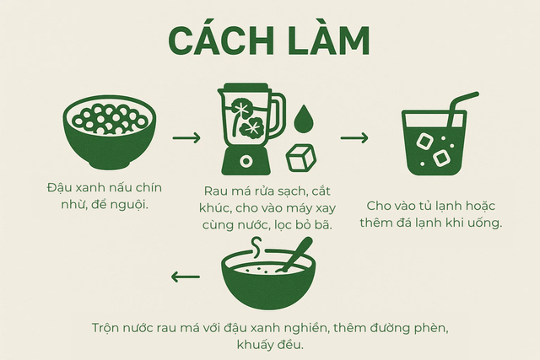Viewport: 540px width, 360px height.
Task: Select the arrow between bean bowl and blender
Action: click(x=186, y=138)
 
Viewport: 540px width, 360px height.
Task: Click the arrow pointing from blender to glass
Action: click(x=354, y=138)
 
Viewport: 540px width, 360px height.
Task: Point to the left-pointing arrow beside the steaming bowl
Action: click(x=186, y=277)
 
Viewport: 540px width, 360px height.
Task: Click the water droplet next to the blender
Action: click(x=303, y=119)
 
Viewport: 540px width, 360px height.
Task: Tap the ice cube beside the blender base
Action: click(x=301, y=158)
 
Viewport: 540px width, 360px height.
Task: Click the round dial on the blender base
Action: click(x=246, y=161)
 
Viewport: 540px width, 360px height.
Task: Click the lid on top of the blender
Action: click(x=246, y=88)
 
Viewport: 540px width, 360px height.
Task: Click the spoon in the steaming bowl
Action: click(x=297, y=254)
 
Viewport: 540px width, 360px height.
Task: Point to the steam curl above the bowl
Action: click(x=256, y=247)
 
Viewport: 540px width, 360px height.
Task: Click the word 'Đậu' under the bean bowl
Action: click(x=57, y=188)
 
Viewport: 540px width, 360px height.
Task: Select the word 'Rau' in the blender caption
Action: click(x=213, y=191)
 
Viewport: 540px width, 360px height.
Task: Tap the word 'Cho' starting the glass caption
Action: click(x=377, y=206)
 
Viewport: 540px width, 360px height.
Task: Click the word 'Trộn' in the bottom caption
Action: click(x=105, y=328)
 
